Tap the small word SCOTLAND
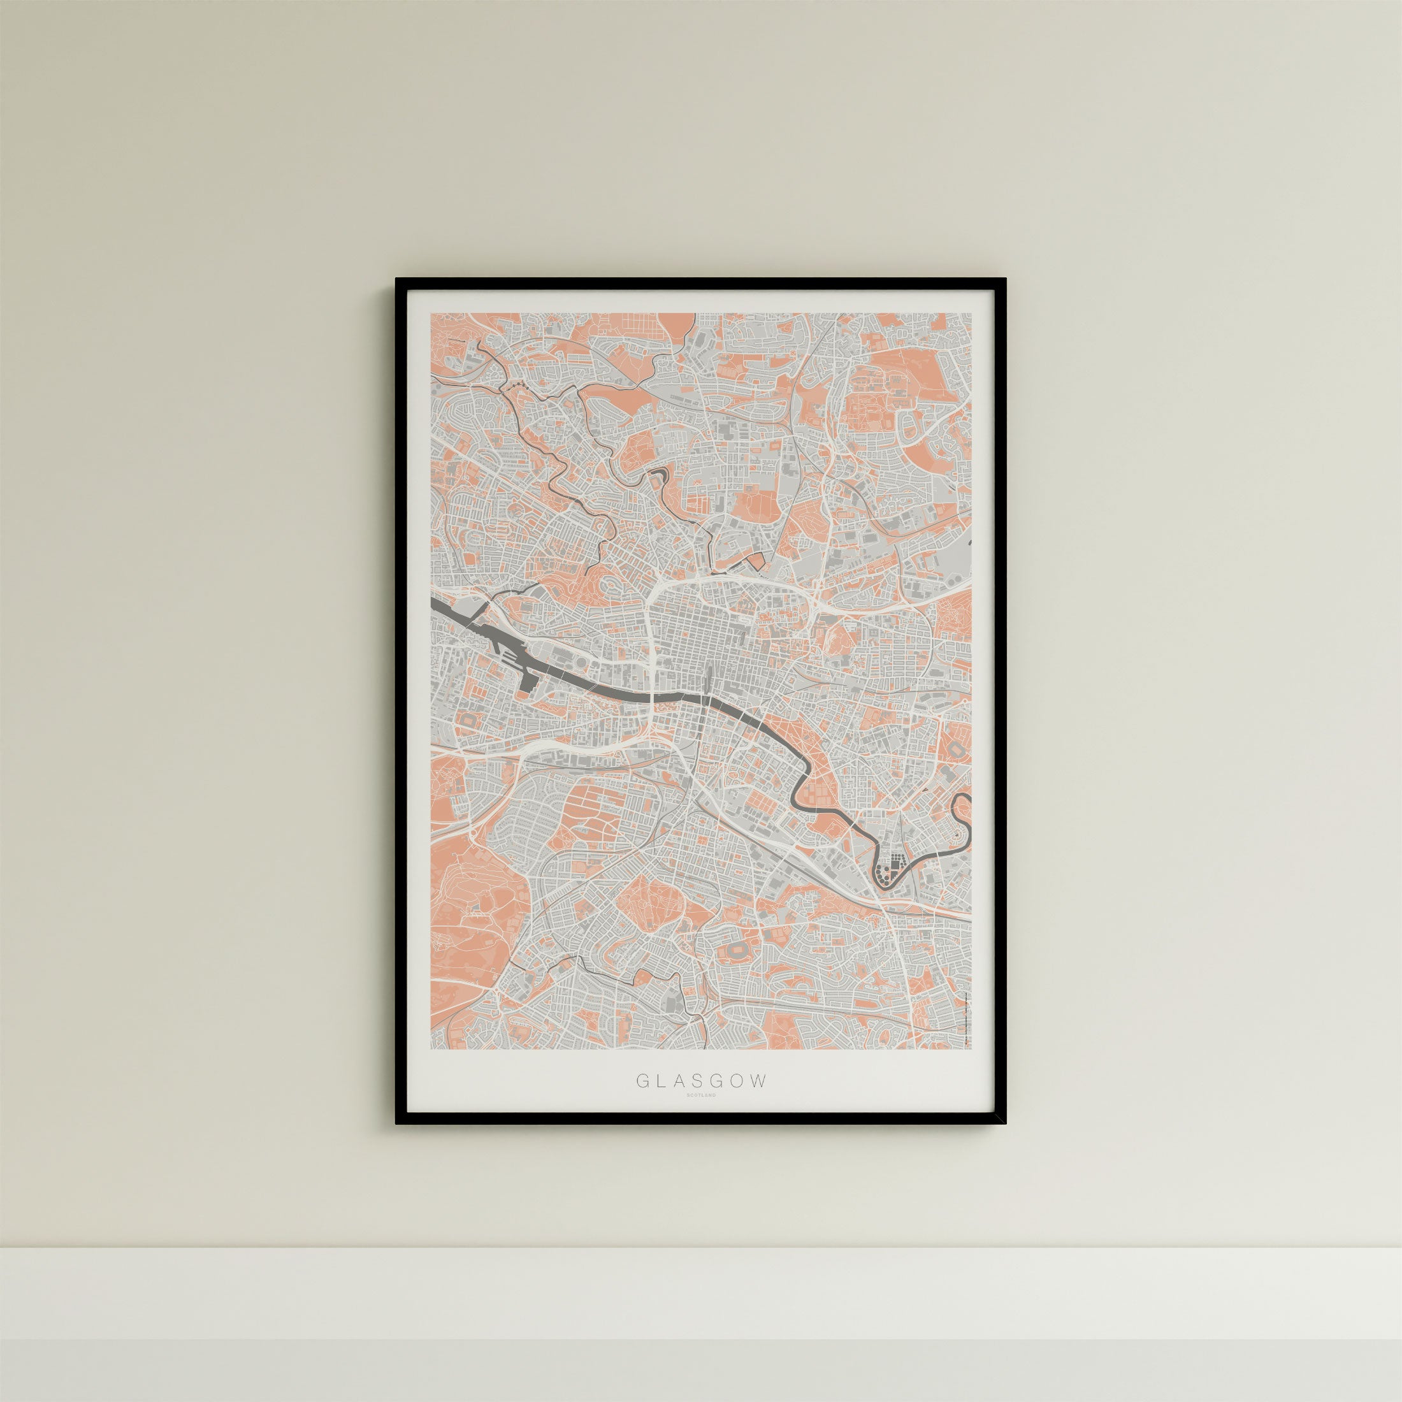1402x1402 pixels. (x=701, y=1115)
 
